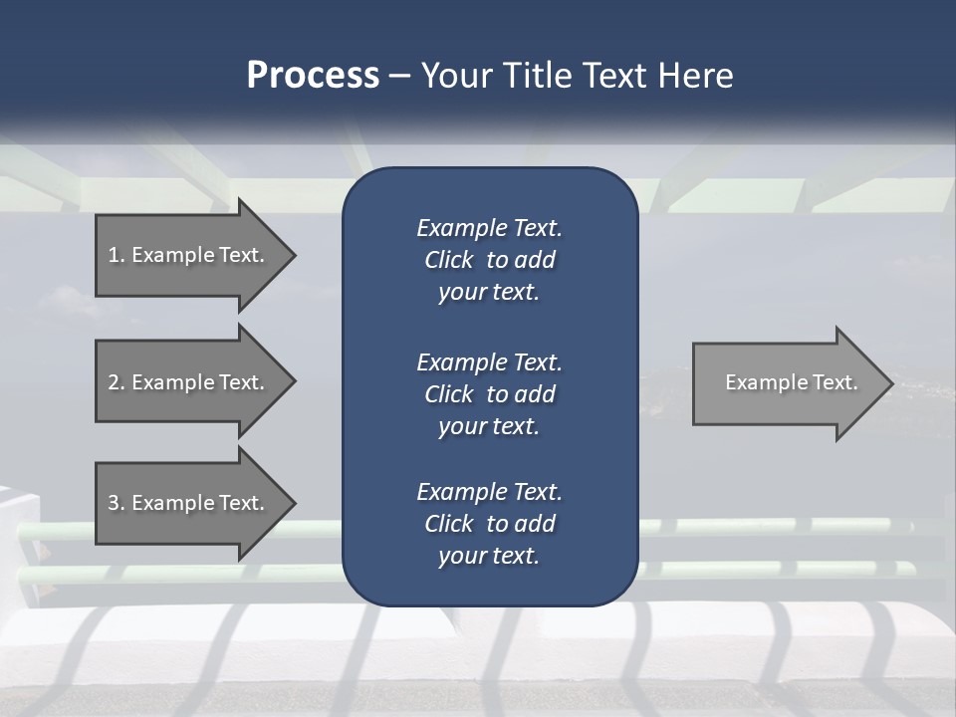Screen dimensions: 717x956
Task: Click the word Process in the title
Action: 313,76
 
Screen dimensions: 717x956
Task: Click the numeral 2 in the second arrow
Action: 114,382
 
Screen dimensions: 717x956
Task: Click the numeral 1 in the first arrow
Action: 114,255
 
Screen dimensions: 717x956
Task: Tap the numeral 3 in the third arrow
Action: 114,503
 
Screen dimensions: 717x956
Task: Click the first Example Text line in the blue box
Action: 489,228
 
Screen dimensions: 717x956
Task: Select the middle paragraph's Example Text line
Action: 489,361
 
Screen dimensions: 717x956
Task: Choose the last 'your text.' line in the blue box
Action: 489,556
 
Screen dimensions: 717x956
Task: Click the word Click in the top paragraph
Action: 448,260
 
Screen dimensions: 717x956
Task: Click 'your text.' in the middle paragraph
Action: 489,426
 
